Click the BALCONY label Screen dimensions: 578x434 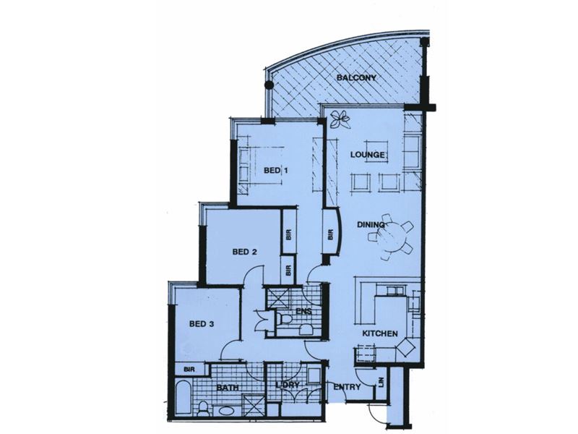click(x=356, y=78)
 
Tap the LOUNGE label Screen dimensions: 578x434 click(x=368, y=155)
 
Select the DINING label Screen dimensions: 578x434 click(x=371, y=224)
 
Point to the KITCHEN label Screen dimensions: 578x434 click(x=380, y=333)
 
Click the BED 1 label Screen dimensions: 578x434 click(x=276, y=170)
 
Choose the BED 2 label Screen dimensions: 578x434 click(x=245, y=252)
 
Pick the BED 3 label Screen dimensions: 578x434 click(x=202, y=324)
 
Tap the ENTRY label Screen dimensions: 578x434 click(x=347, y=387)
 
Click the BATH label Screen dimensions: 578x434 click(x=228, y=388)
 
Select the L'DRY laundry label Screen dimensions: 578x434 click(x=288, y=385)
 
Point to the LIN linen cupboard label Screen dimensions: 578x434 click(x=381, y=382)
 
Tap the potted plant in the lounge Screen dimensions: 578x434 click(x=340, y=119)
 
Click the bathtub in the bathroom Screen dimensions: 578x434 click(x=182, y=399)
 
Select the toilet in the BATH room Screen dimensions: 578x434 click(x=202, y=409)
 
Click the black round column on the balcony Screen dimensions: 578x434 click(x=269, y=85)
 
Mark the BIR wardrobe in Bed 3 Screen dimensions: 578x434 click(x=189, y=369)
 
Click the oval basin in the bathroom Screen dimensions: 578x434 click(x=225, y=410)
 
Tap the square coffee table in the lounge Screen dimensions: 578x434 click(x=376, y=150)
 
